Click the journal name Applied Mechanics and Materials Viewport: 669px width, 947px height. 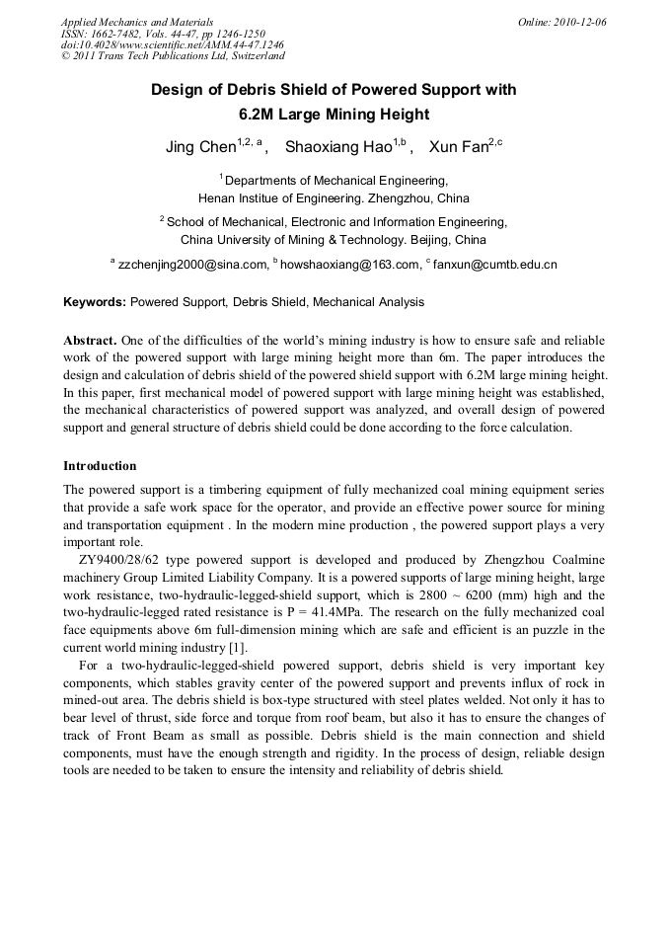pos(137,22)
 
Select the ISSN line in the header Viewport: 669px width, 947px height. pos(163,34)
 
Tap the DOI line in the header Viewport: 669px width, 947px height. pos(173,45)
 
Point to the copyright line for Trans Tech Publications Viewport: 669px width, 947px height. pos(173,57)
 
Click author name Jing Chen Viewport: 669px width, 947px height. pos(200,148)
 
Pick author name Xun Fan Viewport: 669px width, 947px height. pos(459,148)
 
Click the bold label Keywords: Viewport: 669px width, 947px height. pos(95,302)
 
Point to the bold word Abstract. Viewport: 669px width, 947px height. pos(91,339)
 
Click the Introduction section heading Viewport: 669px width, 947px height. pos(100,465)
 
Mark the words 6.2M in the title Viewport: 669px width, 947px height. pos(260,114)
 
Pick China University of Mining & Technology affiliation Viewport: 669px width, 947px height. pos(301,240)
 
